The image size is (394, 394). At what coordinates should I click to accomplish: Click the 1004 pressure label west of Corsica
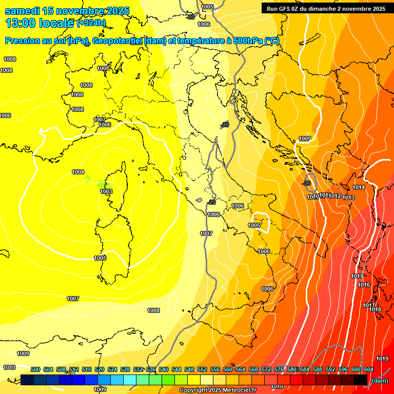click(78, 172)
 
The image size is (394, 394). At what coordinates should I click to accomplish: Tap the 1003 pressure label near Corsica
click(106, 191)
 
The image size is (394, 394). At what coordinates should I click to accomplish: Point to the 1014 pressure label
click(359, 188)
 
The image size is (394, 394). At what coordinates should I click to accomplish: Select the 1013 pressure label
click(349, 198)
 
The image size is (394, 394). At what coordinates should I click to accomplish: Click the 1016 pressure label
click(364, 285)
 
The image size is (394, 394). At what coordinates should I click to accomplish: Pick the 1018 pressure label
click(375, 309)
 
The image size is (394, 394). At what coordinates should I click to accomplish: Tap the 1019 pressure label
click(382, 359)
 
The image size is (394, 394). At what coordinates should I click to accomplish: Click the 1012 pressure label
click(336, 196)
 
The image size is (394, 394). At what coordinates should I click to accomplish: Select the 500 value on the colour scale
click(35, 369)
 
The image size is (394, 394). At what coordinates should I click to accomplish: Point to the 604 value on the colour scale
click(369, 369)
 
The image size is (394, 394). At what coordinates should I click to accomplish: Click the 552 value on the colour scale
click(202, 369)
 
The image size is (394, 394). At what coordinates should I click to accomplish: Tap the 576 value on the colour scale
click(279, 369)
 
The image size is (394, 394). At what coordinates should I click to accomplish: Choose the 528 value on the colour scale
click(125, 369)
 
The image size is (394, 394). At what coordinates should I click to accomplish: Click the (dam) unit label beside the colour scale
click(380, 380)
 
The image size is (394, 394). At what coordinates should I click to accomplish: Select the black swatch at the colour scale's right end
click(360, 380)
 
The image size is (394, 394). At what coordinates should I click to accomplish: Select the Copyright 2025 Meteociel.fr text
click(218, 390)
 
